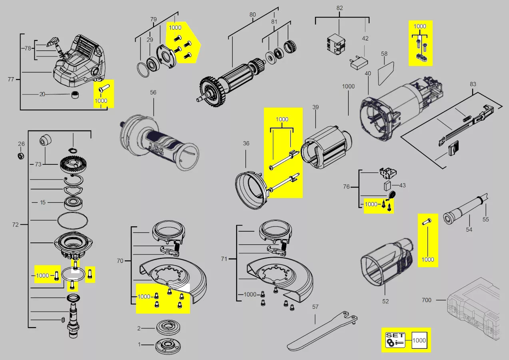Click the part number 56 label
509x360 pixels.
153,92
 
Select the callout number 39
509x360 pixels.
315,107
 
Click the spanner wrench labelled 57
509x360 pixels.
322,331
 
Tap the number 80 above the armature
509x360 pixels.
252,14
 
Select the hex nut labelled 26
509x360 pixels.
21,156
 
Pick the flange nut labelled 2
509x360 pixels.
168,327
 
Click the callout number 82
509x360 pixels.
339,8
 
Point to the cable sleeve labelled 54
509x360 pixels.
465,209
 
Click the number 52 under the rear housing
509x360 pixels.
385,301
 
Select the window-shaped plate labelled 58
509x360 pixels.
386,74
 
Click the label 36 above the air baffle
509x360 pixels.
246,144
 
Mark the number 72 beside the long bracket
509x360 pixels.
15,225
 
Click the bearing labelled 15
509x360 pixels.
74,204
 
